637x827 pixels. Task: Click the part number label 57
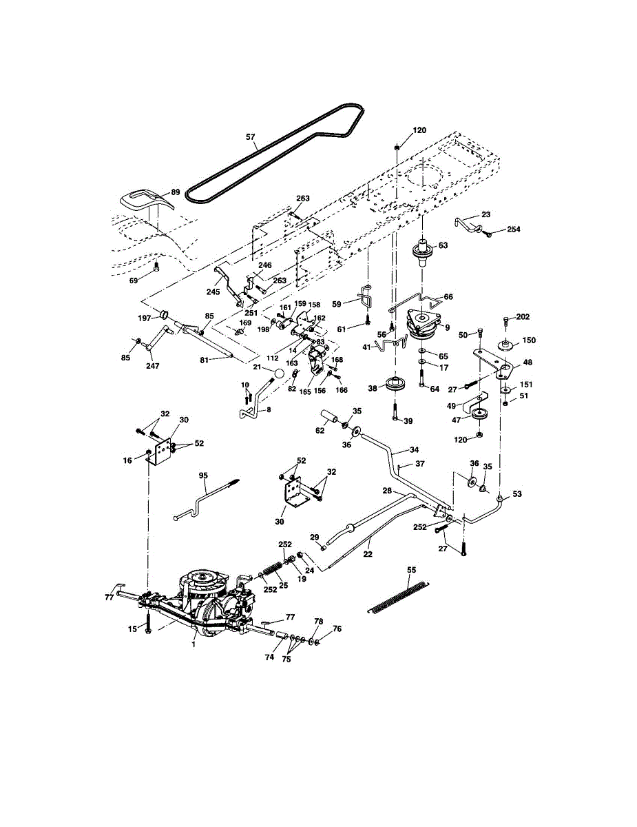(x=251, y=137)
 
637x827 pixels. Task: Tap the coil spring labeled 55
(x=399, y=596)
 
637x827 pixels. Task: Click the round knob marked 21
(x=278, y=373)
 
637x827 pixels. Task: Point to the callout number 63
(x=443, y=245)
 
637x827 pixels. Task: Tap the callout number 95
(x=203, y=475)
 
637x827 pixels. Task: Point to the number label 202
(x=523, y=317)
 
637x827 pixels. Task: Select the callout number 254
(x=514, y=229)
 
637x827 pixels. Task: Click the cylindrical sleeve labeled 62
(x=330, y=418)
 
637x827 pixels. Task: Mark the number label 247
(x=153, y=366)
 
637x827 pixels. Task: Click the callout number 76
(x=337, y=629)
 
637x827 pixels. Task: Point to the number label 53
(x=518, y=495)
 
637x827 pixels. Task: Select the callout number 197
(x=145, y=318)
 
